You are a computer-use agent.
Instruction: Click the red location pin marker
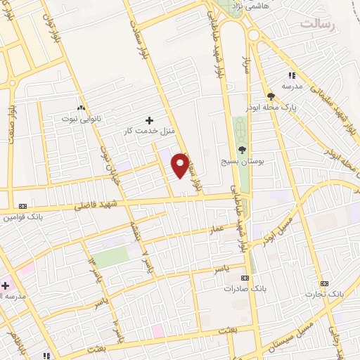pos(181,165)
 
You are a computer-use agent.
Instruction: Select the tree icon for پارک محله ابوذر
pos(271,97)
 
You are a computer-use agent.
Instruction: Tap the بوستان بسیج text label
pos(243,161)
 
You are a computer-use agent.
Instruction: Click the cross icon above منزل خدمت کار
pos(148,120)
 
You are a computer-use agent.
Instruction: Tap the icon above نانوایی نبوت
pos(82,108)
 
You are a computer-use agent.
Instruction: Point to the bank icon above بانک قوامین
pos(22,206)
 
